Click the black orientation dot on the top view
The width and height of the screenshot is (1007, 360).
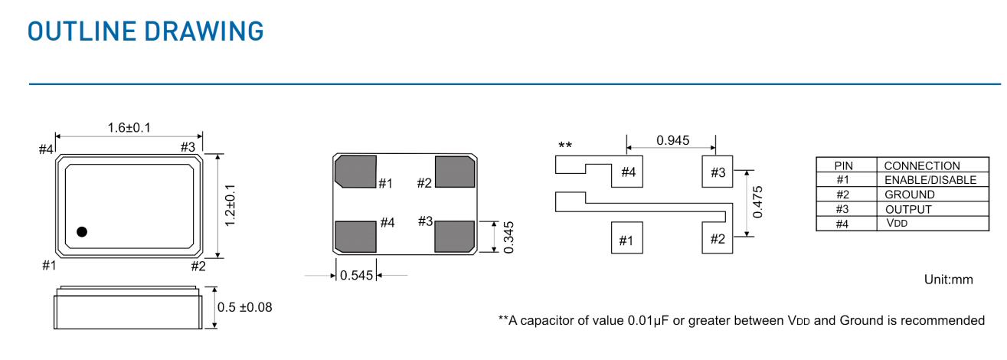pyautogui.click(x=82, y=231)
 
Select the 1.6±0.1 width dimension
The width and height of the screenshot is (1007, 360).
pyautogui.click(x=129, y=127)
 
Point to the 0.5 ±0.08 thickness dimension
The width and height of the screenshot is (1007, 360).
pyautogui.click(x=245, y=307)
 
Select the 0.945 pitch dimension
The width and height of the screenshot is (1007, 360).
pyautogui.click(x=672, y=140)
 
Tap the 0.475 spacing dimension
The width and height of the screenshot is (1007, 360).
pyautogui.click(x=757, y=201)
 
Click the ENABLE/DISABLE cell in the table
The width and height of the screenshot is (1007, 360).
pyautogui.click(x=930, y=180)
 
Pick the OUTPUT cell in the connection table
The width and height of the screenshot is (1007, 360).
pyautogui.click(x=908, y=209)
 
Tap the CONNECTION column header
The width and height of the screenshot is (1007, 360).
pyautogui.click(x=921, y=165)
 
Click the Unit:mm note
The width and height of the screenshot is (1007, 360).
pyautogui.click(x=948, y=280)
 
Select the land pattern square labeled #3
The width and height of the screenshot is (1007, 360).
pyautogui.click(x=718, y=172)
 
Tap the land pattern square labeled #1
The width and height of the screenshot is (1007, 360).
pyautogui.click(x=626, y=239)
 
